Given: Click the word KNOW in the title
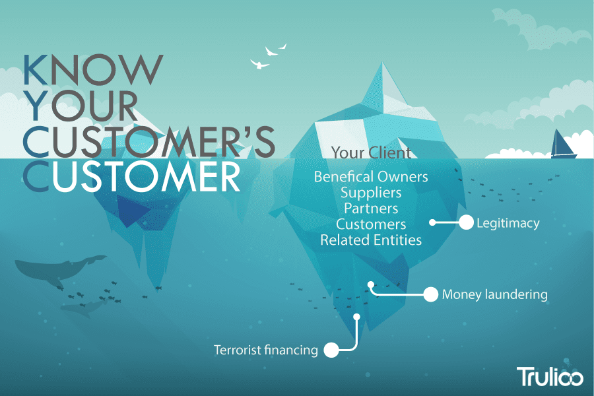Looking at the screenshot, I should pyautogui.click(x=92, y=69).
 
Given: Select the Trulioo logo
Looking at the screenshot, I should pyautogui.click(x=549, y=376).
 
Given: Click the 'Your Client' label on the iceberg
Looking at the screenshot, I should pyautogui.click(x=370, y=153).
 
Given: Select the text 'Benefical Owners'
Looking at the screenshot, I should pyautogui.click(x=370, y=177).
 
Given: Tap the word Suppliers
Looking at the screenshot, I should pyautogui.click(x=370, y=193).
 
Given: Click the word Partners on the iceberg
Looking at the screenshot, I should pyautogui.click(x=370, y=209).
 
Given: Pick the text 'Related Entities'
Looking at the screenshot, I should pyautogui.click(x=370, y=240).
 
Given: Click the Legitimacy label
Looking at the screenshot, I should pyautogui.click(x=508, y=223).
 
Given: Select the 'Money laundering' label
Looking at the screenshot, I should pyautogui.click(x=494, y=294).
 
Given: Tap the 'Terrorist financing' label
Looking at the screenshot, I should pyautogui.click(x=265, y=350).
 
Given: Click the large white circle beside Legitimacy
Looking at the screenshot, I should pyautogui.click(x=466, y=222).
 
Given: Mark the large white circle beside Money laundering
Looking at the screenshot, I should pyautogui.click(x=430, y=294).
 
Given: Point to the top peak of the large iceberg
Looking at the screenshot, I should pyautogui.click(x=383, y=66).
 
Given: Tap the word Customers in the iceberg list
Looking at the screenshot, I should pyautogui.click(x=370, y=224).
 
